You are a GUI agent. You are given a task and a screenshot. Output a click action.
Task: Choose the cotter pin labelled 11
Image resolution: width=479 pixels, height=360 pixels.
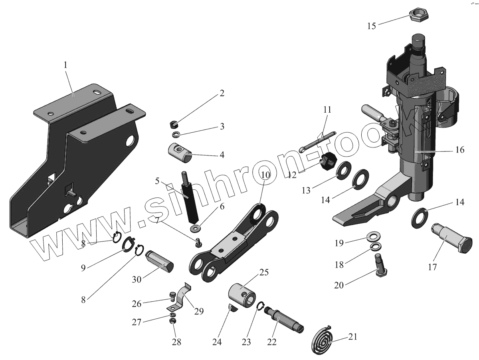coord(318,141)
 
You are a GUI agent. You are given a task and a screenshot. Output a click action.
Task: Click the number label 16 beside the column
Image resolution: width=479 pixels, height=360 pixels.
coord(459,150)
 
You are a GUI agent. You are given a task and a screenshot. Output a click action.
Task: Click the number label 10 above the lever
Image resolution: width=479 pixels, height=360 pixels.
coord(266,174)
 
